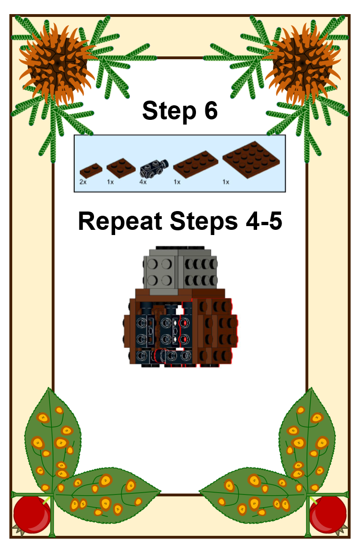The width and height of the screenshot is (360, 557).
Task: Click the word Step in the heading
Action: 169,111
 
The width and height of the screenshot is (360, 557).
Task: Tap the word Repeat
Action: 120,222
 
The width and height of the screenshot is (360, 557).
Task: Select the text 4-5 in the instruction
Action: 264,221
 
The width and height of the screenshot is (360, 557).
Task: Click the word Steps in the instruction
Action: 204,222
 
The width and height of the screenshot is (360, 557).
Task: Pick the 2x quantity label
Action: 83,182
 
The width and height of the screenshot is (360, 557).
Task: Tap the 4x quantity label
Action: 143,182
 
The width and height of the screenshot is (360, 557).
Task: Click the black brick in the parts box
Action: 154,168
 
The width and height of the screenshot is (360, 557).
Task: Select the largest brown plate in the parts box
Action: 251,159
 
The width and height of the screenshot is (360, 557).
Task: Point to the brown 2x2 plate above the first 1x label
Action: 121,167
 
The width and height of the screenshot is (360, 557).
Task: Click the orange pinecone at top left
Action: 57,64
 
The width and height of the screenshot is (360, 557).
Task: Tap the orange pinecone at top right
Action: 303,64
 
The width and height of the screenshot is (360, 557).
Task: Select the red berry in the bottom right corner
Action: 328,514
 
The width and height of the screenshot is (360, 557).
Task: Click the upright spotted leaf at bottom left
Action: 53,440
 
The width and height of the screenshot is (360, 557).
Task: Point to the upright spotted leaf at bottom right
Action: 307,440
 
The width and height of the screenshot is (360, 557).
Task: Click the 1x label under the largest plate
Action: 226,182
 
